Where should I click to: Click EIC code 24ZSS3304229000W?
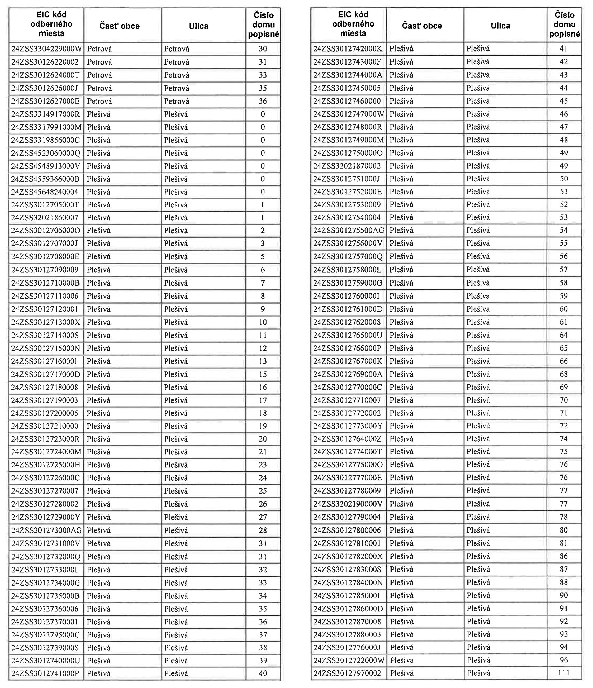coord(46,49)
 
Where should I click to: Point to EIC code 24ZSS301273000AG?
coord(46,530)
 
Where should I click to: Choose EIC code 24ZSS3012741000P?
coord(45,673)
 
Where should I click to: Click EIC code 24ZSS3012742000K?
coord(348,49)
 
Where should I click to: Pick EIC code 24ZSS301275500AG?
coord(349,230)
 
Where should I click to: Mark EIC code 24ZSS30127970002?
coord(347,673)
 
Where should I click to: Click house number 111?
coord(564,673)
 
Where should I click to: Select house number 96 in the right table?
coord(564,660)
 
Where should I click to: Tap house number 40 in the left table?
coord(263,673)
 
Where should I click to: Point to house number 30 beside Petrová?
coord(263,49)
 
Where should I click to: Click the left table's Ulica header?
coord(199,26)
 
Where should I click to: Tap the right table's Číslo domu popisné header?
coord(564,24)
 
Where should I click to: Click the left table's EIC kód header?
coord(51,24)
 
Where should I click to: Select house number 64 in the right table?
coord(564,335)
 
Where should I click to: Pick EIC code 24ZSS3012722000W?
coord(349,660)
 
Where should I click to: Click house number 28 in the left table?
coord(263,530)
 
